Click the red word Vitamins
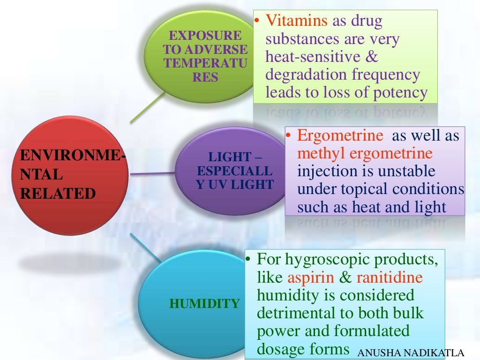[297, 21]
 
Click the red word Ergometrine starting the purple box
[340, 136]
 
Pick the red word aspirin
[311, 277]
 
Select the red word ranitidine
[390, 277]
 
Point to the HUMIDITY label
[204, 304]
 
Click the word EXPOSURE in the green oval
[205, 36]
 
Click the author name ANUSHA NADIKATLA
[417, 353]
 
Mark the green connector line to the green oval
[148, 107]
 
